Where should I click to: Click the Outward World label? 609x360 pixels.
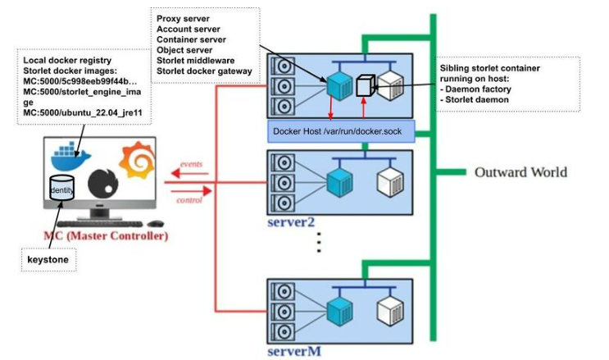(x=520, y=172)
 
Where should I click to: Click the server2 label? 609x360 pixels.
(x=293, y=223)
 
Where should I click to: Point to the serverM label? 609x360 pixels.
(x=293, y=351)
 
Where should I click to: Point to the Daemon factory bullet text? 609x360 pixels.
(x=484, y=89)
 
